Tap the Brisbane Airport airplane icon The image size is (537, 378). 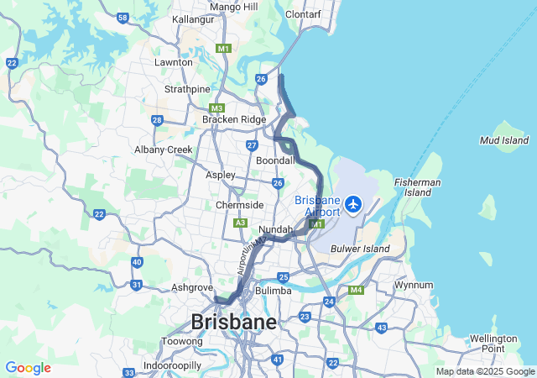353,203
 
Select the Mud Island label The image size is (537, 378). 503,140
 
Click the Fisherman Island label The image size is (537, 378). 418,187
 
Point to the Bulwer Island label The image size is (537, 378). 361,249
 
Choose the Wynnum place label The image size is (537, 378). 414,286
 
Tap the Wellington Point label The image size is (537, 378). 493,343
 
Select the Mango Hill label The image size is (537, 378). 234,7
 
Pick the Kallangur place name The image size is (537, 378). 194,19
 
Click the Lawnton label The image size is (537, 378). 174,62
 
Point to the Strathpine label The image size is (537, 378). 187,89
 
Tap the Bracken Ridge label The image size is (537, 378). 234,119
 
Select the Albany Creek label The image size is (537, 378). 164,150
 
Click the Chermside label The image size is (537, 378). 239,205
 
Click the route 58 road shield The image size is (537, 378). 123,18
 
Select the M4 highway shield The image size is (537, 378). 356,291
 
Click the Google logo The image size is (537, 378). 28,368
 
